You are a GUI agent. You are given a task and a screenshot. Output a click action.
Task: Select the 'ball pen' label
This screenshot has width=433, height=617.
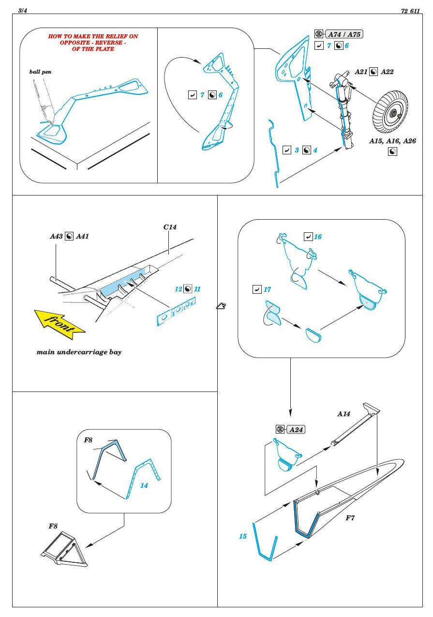coord(40,72)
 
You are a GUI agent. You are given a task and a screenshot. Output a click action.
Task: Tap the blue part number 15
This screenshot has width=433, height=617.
coord(242,536)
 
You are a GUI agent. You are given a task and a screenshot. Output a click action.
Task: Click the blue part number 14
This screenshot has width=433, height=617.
coord(144,485)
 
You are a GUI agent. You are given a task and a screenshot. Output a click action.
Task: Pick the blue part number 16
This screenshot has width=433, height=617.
coord(318,237)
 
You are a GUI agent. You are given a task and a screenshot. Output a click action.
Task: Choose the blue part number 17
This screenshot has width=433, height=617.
coord(268,289)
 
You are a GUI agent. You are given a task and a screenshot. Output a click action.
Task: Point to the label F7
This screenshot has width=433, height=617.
coord(350,518)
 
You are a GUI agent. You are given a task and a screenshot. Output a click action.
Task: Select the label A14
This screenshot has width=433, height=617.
coord(343,414)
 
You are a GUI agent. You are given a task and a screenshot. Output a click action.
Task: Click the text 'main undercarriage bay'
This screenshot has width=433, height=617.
coord(79,352)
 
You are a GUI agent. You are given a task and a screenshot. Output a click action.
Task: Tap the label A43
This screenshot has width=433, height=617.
coord(56,237)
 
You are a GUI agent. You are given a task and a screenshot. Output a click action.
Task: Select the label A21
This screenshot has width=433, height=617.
coord(361,72)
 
